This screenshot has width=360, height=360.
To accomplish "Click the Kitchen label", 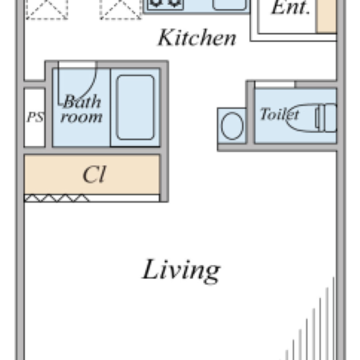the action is pos(197,37).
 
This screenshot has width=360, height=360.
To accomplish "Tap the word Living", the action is pos(182,270).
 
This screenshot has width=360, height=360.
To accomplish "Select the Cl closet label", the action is pos(94,174).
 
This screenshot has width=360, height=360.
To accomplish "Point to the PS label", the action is pos(35,117).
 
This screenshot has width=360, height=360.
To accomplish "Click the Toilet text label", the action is pos(279,114).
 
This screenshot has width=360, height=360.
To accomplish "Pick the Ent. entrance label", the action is pos(291,7).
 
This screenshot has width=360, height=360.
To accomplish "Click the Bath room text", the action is pos(82,109).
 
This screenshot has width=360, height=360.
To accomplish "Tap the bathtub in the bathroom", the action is pos(135,107).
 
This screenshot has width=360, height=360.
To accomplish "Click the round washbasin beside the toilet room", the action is pos(232,126).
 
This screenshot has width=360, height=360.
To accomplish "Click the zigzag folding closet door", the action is pos(57,198).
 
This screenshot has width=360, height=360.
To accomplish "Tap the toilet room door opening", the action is pos(275,84).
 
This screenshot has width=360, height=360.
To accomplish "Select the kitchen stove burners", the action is pos(165,4).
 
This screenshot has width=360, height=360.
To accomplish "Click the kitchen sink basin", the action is pos(230,4).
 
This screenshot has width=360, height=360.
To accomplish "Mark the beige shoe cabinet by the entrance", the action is pos(327,16).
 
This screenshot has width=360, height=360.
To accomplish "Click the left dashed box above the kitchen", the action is pos(47,9).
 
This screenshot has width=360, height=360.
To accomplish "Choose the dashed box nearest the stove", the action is pos(121,9).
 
